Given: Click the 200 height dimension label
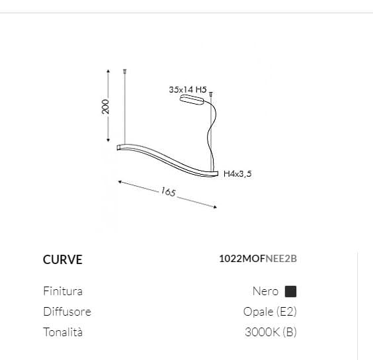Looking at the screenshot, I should [x=105, y=106].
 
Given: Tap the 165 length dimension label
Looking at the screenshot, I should [x=168, y=193].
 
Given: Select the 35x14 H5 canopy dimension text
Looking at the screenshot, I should [x=188, y=88].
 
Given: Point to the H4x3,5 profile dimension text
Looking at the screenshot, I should [x=238, y=174].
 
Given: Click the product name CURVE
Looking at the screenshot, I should [x=63, y=259].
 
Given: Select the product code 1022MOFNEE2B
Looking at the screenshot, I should [x=257, y=259].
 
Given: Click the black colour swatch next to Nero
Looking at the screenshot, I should [x=290, y=291].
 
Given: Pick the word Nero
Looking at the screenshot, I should [x=265, y=291].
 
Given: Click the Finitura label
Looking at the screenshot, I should [x=63, y=291].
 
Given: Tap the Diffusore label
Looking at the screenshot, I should [x=67, y=312].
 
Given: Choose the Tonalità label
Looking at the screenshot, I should [x=63, y=332].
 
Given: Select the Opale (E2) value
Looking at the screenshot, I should [x=270, y=312].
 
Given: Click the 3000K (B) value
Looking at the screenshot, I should [x=270, y=332].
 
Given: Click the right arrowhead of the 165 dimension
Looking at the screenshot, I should [x=214, y=206].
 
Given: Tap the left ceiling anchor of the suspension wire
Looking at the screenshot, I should [x=125, y=70].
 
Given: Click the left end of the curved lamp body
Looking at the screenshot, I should [x=120, y=147].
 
